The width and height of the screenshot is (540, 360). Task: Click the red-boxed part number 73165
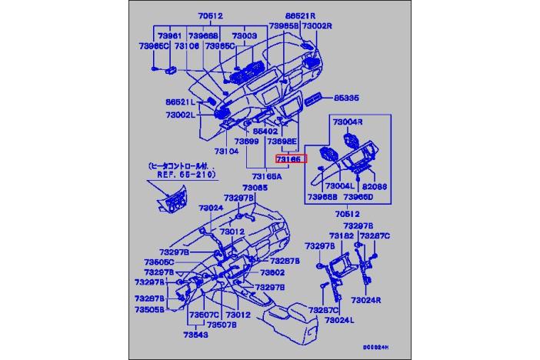click(x=291, y=158)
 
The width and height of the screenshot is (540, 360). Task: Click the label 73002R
click(x=316, y=25)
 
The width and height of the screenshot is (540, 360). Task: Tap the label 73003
click(x=244, y=35)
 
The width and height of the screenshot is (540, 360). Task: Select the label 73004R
click(x=348, y=122)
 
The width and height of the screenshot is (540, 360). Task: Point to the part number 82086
click(x=375, y=186)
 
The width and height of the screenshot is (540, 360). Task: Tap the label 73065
click(x=255, y=188)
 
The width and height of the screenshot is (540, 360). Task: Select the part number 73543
click(x=195, y=335)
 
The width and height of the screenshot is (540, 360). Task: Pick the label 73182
click(x=342, y=235)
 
